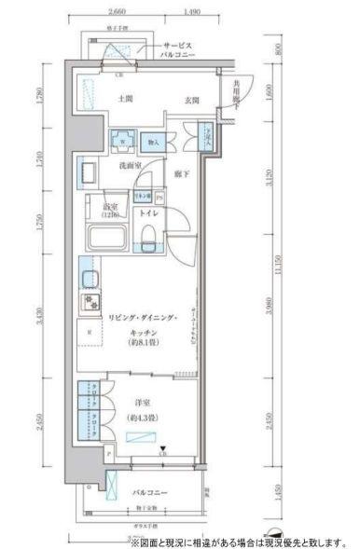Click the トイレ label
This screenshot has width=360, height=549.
click(147, 213)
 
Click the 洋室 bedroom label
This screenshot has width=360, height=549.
click(142, 402)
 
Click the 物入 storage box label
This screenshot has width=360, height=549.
click(155, 143)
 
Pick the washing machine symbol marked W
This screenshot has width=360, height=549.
click(121, 143)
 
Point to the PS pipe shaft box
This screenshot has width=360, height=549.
click(159, 198)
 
